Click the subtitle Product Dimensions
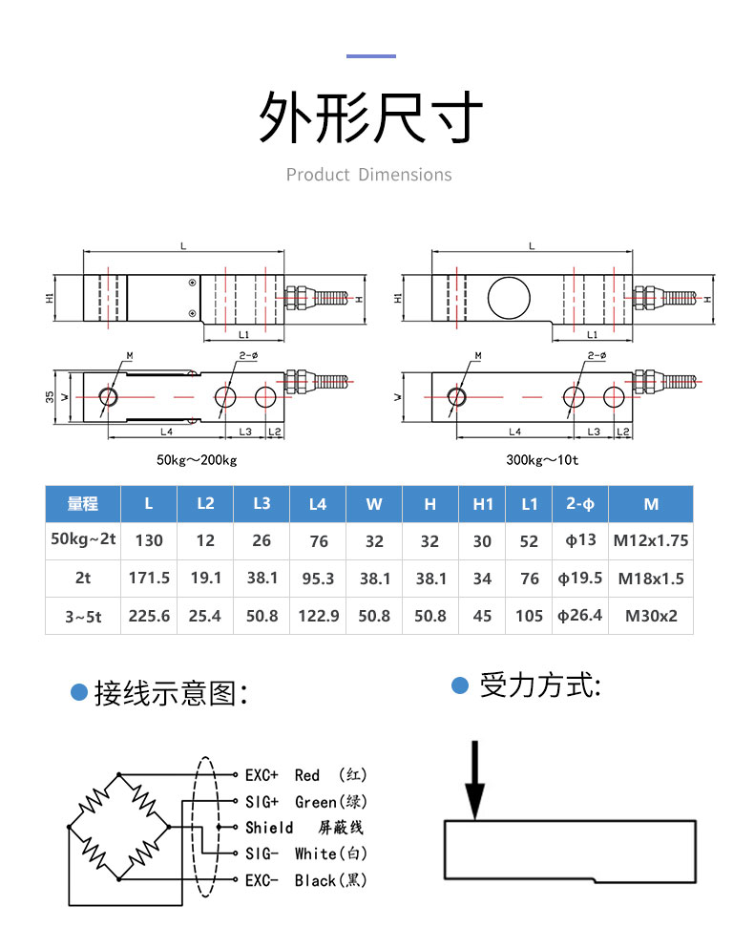(x=368, y=175)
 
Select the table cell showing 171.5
(x=149, y=579)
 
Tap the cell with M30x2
(x=651, y=616)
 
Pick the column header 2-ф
(x=580, y=504)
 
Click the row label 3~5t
(x=83, y=617)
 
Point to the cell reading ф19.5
(x=579, y=579)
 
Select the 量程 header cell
(x=83, y=504)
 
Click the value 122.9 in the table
(x=319, y=616)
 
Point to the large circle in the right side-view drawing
(x=509, y=298)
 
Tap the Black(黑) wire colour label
(x=330, y=880)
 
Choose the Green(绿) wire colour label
(x=330, y=802)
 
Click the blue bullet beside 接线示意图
(x=79, y=692)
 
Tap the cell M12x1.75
(x=651, y=540)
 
